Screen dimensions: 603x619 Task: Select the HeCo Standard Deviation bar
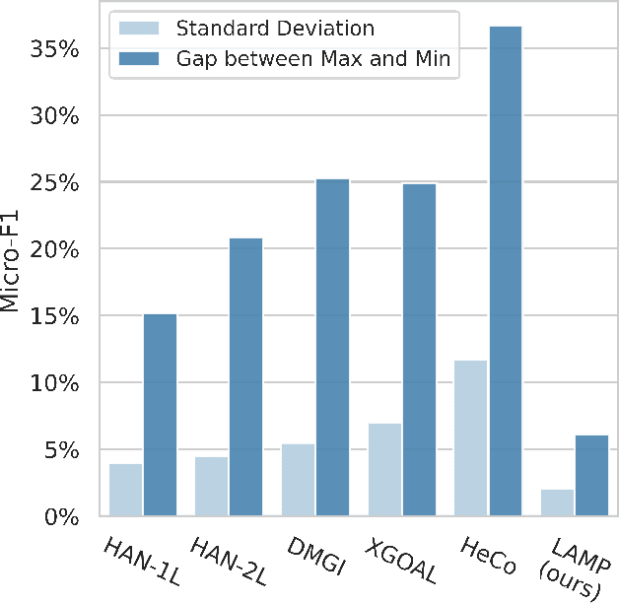(x=471, y=437)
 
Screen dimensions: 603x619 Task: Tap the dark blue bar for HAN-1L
(x=160, y=415)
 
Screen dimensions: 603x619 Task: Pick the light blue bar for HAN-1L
(x=125, y=490)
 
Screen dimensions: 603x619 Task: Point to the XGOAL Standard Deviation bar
(x=384, y=469)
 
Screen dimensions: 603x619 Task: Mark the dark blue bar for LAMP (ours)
(x=591, y=475)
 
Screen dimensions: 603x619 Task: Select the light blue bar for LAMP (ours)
(x=557, y=502)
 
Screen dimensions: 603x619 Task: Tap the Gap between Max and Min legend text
(x=312, y=60)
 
